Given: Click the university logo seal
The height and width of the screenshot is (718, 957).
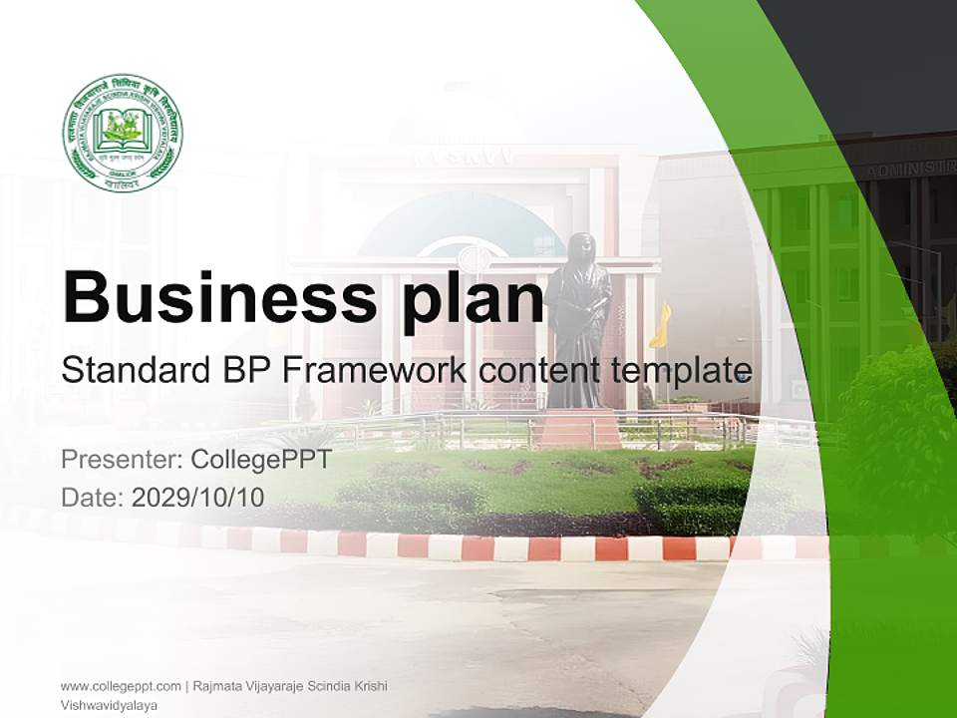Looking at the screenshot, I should tap(122, 133).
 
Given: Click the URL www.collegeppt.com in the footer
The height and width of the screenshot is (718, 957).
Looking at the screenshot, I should tap(120, 686).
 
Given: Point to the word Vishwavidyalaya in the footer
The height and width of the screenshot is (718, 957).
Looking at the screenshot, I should tap(110, 705).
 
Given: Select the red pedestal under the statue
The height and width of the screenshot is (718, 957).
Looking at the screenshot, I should tap(579, 428).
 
